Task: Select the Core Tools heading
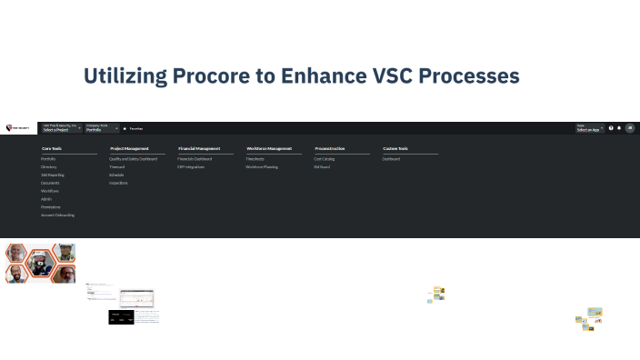tap(52, 148)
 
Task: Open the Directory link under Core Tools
tap(49, 167)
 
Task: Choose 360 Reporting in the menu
tap(51, 175)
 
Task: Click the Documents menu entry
tap(50, 183)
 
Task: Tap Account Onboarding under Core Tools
tap(58, 215)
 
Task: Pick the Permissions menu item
tap(51, 206)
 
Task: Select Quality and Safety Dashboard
tap(133, 158)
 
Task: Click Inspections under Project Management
tap(119, 183)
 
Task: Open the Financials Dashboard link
tap(195, 158)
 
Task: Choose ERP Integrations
tap(191, 167)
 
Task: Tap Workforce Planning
tap(262, 167)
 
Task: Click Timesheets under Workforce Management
tap(255, 158)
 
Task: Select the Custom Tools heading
tap(395, 148)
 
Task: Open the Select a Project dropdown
tap(62, 129)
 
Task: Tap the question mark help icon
tap(611, 128)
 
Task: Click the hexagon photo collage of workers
tap(40, 263)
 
